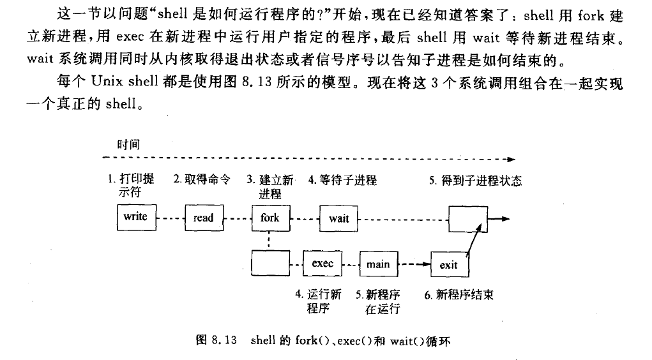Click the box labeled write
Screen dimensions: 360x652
135,217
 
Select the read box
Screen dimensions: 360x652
203,218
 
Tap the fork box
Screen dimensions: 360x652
270,218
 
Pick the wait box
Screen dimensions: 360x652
338,218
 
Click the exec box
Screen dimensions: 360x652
322,263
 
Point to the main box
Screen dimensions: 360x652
378,264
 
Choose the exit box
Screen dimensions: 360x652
448,264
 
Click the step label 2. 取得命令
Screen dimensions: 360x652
201,180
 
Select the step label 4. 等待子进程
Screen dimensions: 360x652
342,180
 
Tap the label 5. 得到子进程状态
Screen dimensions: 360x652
475,181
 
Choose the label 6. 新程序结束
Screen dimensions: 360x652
459,295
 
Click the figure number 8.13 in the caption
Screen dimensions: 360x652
225,340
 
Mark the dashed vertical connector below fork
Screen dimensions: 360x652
270,241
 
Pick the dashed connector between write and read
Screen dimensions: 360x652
169,218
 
